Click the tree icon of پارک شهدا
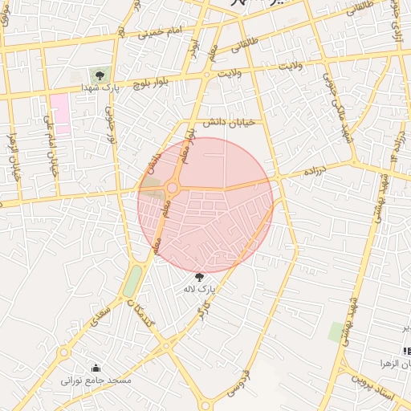(99, 75)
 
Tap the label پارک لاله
(199, 288)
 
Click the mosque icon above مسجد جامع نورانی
(96, 368)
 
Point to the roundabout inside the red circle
(172, 188)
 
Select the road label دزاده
(313, 172)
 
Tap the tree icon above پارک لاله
(199, 278)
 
